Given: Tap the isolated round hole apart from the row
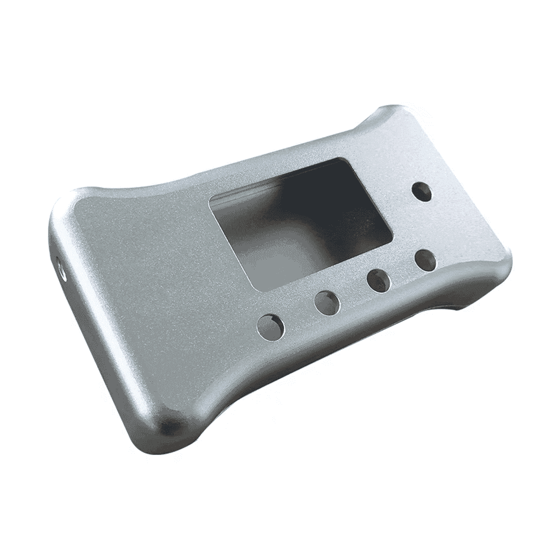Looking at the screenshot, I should click(x=423, y=191).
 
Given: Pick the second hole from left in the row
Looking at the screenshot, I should click(x=327, y=302).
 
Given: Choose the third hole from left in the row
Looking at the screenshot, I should click(x=379, y=280).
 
